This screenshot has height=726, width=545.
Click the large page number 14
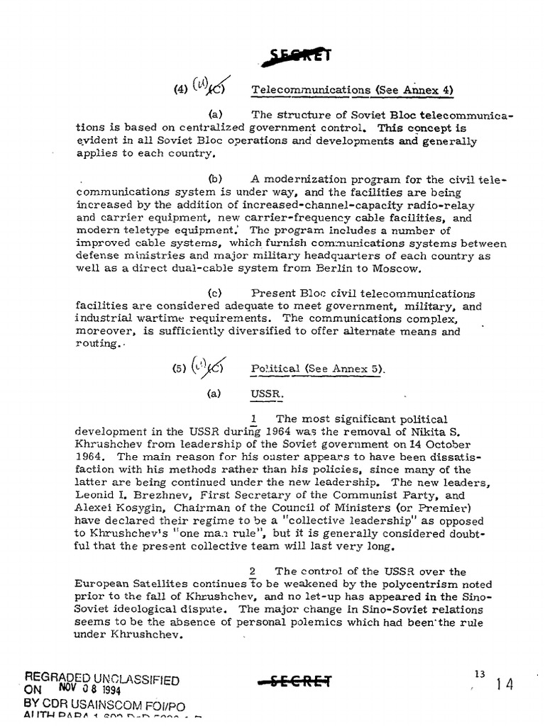(x=505, y=684)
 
